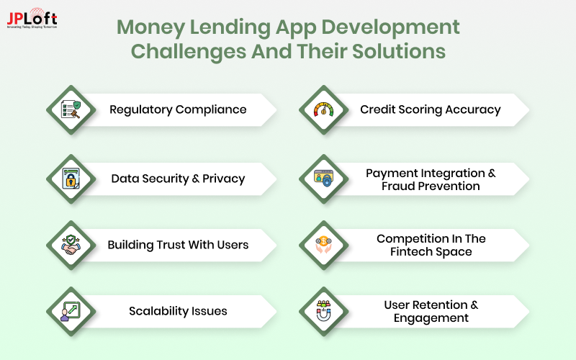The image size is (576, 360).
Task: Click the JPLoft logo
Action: pyautogui.click(x=32, y=19)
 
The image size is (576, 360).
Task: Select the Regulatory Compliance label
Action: pyautogui.click(x=178, y=109)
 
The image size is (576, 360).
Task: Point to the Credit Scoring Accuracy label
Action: pyautogui.click(x=430, y=109)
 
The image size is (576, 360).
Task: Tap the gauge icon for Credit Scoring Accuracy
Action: pyautogui.click(x=323, y=109)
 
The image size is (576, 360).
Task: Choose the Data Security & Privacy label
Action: pyautogui.click(x=178, y=179)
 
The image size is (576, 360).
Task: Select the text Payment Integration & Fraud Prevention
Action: pyautogui.click(x=431, y=179)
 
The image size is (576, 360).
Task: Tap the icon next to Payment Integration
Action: pyautogui.click(x=323, y=179)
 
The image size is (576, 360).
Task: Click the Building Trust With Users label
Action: pyautogui.click(x=178, y=245)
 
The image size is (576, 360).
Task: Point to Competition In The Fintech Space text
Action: pyautogui.click(x=431, y=245)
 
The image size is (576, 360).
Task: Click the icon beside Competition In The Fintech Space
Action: pyautogui.click(x=323, y=245)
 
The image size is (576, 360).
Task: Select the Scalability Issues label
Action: pyautogui.click(x=178, y=311)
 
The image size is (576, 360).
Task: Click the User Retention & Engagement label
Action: pyautogui.click(x=431, y=311)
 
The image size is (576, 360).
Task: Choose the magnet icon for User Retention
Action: pyautogui.click(x=323, y=311)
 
